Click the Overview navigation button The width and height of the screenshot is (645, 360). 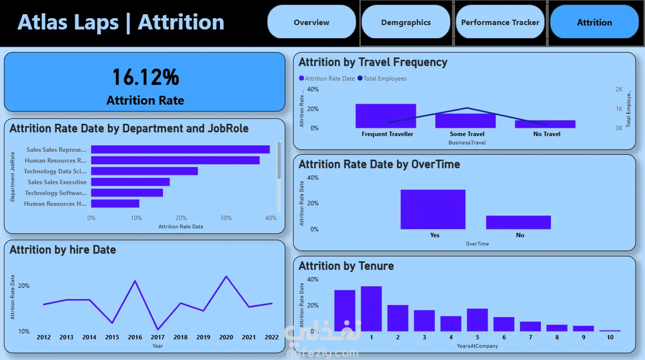pyautogui.click(x=311, y=22)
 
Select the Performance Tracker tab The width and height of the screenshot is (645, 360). pyautogui.click(x=500, y=22)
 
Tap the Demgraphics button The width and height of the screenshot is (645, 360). pyautogui.click(x=405, y=22)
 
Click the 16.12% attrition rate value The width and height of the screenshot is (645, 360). pyautogui.click(x=145, y=77)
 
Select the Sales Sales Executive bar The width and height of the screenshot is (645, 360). pyautogui.click(x=130, y=182)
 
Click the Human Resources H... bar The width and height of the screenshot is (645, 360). pyautogui.click(x=115, y=203)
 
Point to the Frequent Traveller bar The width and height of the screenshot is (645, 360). pyautogui.click(x=385, y=116)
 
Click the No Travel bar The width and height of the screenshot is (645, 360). pyautogui.click(x=545, y=124)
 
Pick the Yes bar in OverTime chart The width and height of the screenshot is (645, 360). pyautogui.click(x=432, y=209)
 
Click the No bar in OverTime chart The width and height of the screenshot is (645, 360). pyautogui.click(x=518, y=222)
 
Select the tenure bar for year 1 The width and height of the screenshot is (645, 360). pyautogui.click(x=371, y=308)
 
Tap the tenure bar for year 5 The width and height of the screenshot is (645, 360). pyautogui.click(x=477, y=320)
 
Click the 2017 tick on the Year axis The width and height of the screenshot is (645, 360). pyautogui.click(x=158, y=337)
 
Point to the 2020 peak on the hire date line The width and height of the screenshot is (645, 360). pyautogui.click(x=226, y=277)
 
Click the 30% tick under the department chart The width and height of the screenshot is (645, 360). pyautogui.click(x=226, y=218)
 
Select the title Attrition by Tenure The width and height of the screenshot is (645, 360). pyautogui.click(x=346, y=266)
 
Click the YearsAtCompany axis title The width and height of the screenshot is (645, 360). pyautogui.click(x=477, y=346)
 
